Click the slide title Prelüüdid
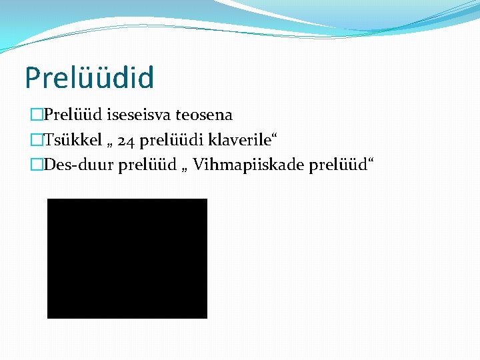pos(89,77)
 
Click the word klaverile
pos(237,140)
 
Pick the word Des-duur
pos(79,165)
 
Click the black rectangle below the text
pos(127,258)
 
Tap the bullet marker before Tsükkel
pos(36,140)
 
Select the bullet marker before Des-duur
pos(36,165)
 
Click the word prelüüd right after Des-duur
pos(145,165)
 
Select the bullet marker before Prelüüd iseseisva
pos(36,115)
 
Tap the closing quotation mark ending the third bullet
pos(370,160)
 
